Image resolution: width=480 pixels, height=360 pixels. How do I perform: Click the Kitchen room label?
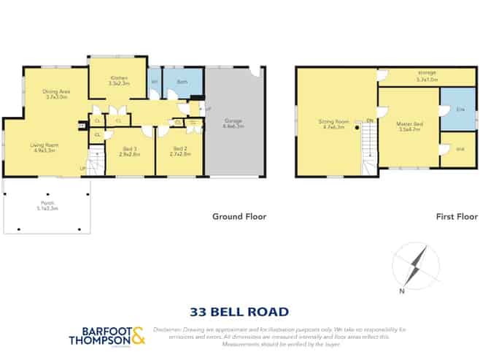119,80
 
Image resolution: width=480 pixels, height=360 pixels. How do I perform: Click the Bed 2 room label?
180,151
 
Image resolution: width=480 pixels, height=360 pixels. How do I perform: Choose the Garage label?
233,123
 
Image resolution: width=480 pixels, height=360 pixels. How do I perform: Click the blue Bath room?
182,83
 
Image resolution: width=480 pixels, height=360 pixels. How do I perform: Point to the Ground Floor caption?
239,216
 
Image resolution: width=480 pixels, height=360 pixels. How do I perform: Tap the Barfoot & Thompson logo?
107,336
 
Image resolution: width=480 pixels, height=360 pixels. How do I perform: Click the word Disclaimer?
170,329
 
